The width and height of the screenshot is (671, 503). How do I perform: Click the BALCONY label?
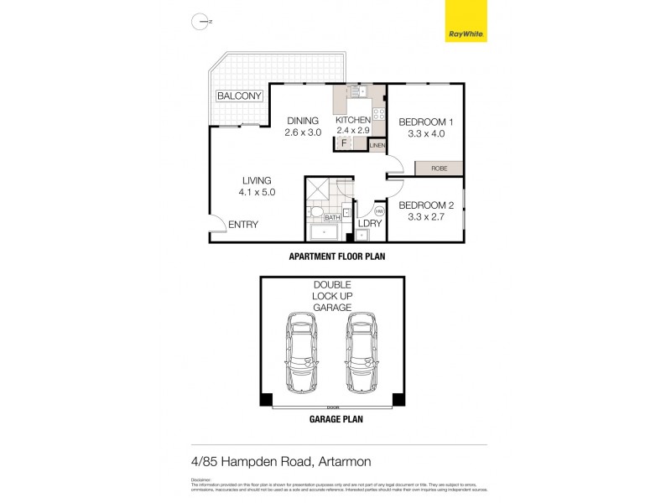click(240, 96)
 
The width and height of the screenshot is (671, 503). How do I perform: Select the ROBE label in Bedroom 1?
click(439, 169)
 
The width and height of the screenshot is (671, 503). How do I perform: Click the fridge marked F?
click(343, 143)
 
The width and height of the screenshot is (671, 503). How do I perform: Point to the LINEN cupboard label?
click(377, 146)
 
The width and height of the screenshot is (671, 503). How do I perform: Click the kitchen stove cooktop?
click(377, 113)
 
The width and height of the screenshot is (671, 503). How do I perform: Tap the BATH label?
click(332, 218)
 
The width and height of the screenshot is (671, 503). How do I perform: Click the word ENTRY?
click(243, 224)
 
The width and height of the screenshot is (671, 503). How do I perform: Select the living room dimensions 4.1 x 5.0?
click(257, 192)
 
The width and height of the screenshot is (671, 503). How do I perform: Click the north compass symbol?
click(200, 23)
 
